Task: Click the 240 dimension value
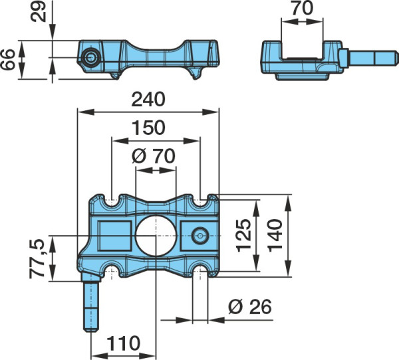point(148,100)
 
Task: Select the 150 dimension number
point(148,128)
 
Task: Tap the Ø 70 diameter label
point(154,156)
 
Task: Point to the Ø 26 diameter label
point(250,306)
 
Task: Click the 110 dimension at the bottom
point(123,343)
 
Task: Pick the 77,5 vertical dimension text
point(37,258)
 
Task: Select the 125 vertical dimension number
point(243,235)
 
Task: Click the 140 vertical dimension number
point(275,235)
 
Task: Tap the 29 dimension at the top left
point(38,12)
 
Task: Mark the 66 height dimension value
point(7,59)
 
